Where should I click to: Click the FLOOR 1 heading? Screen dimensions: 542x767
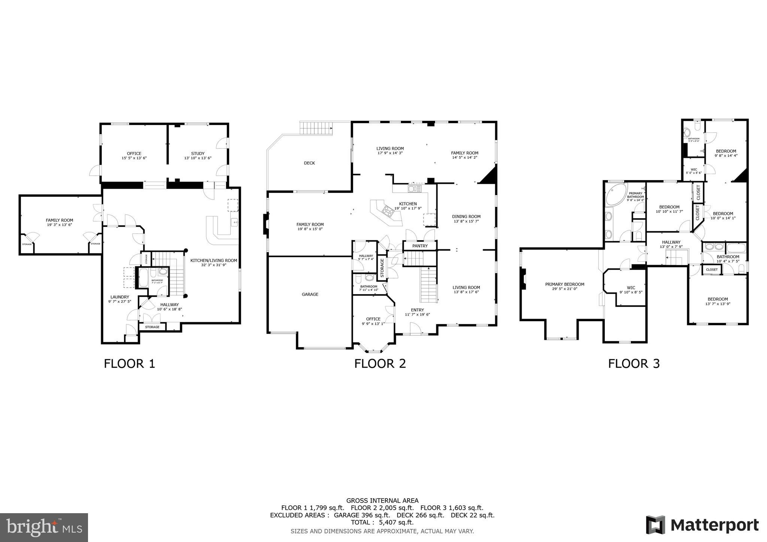[x=129, y=363]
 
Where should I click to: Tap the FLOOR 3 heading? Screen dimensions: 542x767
[x=634, y=363]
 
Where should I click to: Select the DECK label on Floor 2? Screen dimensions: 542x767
[x=309, y=163]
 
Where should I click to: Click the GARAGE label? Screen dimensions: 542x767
[x=310, y=295]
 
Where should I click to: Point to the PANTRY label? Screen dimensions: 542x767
[x=420, y=246]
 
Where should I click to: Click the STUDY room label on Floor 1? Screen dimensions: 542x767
[x=198, y=153]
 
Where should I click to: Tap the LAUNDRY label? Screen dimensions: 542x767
[x=119, y=297]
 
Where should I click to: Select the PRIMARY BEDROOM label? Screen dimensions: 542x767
[x=564, y=284]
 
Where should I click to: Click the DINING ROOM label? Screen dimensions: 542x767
[x=466, y=216]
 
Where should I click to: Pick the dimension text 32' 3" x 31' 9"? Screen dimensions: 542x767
[x=213, y=265]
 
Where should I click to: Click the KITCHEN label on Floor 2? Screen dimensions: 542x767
[x=408, y=204]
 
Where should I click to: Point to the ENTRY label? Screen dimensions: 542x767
[x=417, y=310]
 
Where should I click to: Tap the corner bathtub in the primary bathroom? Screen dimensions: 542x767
[x=615, y=194]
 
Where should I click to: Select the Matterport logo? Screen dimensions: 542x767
[x=702, y=525]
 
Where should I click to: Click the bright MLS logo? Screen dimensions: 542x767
[x=44, y=527]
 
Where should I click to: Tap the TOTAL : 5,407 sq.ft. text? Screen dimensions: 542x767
[x=382, y=522]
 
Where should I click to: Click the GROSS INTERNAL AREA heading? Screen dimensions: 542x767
[x=382, y=500]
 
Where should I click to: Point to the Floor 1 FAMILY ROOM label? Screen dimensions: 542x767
[x=60, y=220]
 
